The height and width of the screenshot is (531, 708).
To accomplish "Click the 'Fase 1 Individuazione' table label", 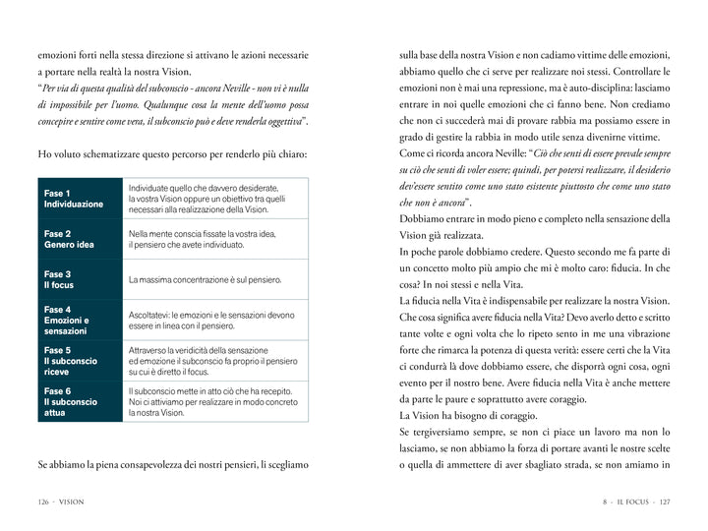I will (74, 199).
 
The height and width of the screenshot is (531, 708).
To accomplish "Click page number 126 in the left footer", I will (36, 502).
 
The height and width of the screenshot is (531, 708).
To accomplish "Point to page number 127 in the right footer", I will (664, 502).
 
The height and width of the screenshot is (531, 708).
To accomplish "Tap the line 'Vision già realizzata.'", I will (442, 235).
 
